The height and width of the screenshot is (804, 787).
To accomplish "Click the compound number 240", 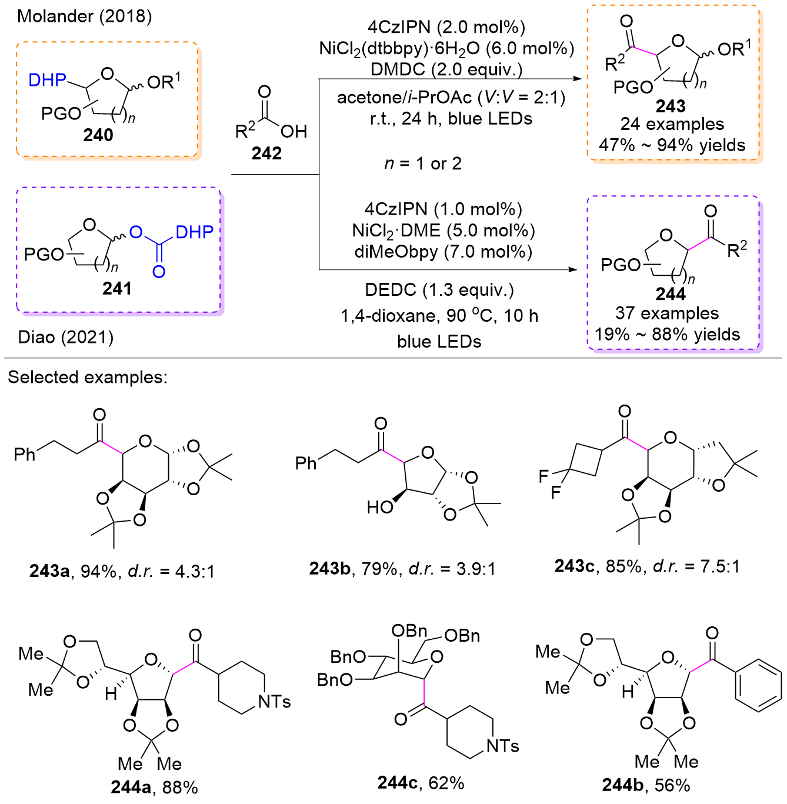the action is coord(98,135).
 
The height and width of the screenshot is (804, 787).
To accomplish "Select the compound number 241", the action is coord(117,288).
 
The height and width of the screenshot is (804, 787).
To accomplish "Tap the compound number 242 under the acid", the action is coord(266,153).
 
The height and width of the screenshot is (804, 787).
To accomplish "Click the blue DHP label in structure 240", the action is coord(47,79).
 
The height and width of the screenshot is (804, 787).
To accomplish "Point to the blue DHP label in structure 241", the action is coord(195,232).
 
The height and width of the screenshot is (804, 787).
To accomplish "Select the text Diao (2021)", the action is coord(65,337).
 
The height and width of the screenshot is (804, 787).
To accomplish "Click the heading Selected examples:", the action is coord(88,377).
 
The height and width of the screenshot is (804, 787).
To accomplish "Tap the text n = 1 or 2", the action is coord(423,164).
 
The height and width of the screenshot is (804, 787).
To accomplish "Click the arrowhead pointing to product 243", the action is coord(576,78).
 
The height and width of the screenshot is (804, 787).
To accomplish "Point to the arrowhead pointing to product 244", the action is coord(572,269).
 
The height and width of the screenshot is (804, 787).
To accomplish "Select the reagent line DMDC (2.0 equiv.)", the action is coord(446,69).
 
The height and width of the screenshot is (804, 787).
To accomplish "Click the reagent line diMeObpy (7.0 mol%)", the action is coord(443,252).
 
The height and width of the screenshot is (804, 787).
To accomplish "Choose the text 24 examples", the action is coord(672,124).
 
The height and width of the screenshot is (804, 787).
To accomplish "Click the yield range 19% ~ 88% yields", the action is coord(667,334).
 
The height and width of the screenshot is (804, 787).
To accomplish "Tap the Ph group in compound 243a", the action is coord(24,455).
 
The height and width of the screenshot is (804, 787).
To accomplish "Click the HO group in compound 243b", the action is coord(380,507).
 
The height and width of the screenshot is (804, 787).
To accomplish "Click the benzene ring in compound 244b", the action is coord(758,686).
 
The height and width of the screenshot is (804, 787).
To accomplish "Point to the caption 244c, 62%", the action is coord(421,783).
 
